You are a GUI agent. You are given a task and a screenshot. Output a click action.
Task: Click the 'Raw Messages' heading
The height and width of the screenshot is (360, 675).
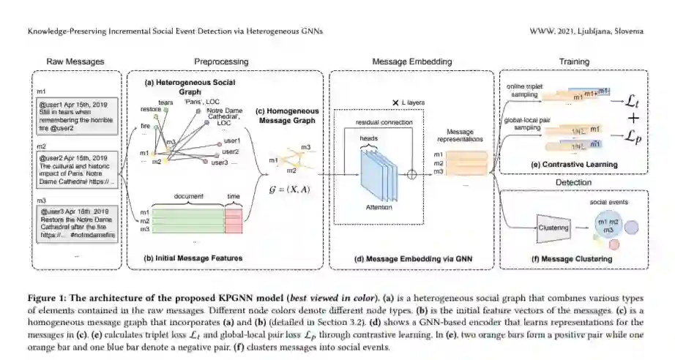(75, 61)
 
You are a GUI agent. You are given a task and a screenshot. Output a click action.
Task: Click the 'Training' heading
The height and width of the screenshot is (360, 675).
(575, 61)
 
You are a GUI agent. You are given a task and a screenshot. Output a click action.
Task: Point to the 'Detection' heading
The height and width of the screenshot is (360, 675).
(575, 181)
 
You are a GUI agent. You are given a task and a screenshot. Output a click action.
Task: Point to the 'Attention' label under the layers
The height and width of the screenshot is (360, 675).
(375, 206)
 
